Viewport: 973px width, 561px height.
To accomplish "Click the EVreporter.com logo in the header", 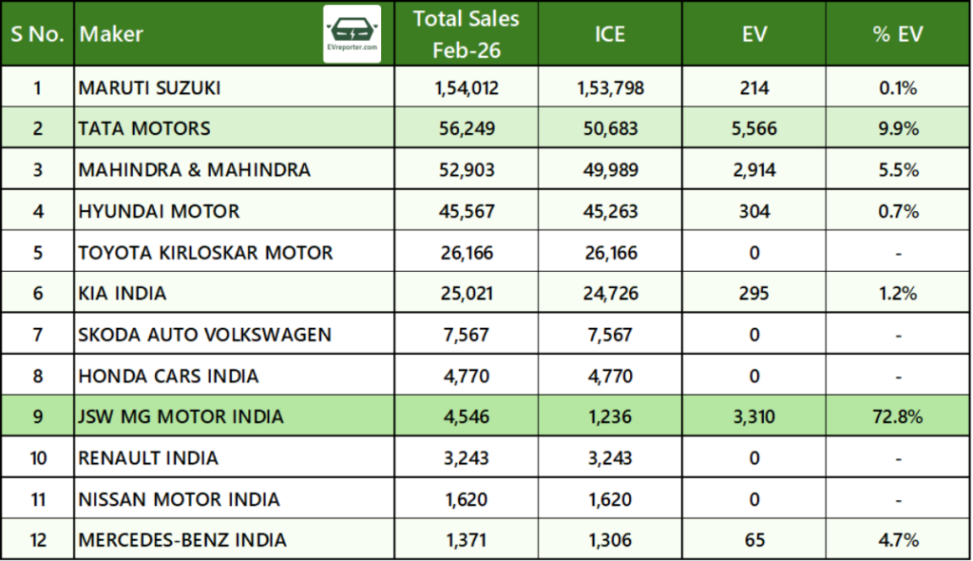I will pyautogui.click(x=353, y=33).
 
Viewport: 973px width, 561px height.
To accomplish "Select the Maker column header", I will pyautogui.click(x=112, y=34).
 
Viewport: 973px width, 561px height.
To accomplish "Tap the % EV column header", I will pyautogui.click(x=897, y=34).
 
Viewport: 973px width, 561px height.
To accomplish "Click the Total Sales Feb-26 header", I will pyautogui.click(x=467, y=33).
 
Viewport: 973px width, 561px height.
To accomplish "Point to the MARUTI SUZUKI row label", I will pyautogui.click(x=150, y=87).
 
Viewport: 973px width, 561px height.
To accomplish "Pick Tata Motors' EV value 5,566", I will pyautogui.click(x=755, y=128).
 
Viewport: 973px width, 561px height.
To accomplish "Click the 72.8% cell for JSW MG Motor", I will pyautogui.click(x=897, y=416).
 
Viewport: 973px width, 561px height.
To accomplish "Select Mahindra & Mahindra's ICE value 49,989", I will pyautogui.click(x=610, y=169).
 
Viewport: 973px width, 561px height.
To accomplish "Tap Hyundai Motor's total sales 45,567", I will pyautogui.click(x=467, y=211).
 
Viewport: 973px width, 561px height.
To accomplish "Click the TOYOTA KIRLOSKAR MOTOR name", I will pyautogui.click(x=206, y=252).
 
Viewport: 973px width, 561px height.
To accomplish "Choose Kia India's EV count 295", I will pyautogui.click(x=755, y=293).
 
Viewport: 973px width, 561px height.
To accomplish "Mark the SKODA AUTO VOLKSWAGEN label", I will pyautogui.click(x=205, y=334).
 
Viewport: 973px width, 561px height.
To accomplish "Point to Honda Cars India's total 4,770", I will pyautogui.click(x=467, y=375).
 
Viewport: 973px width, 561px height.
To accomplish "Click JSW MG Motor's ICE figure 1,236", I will pyautogui.click(x=610, y=416).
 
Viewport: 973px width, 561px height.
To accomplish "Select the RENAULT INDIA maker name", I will pyautogui.click(x=149, y=457).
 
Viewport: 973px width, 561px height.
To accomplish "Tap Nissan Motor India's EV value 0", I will pyautogui.click(x=755, y=498).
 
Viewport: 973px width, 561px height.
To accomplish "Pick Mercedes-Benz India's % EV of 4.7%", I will pyautogui.click(x=897, y=540).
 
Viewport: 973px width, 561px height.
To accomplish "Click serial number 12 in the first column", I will pyautogui.click(x=37, y=540).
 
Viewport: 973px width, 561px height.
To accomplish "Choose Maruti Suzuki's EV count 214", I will pyautogui.click(x=755, y=87).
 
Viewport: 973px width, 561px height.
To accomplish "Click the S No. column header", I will pyautogui.click(x=37, y=34).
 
